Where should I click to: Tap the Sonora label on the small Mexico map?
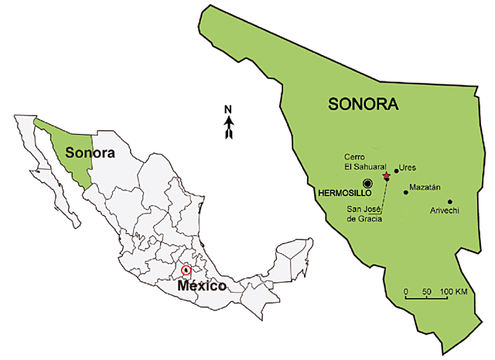tap(89, 153)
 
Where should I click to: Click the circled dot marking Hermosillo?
tap(367, 182)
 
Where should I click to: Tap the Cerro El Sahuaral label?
tap(360, 159)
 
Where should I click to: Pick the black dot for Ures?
tap(396, 171)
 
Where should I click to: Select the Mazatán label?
tap(425, 188)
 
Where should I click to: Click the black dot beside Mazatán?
tap(405, 191)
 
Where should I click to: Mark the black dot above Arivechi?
tap(449, 201)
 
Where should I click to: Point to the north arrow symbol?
tap(229, 128)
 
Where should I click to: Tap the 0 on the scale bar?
tap(406, 290)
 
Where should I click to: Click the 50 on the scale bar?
tap(426, 290)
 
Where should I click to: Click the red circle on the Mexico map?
tap(184, 270)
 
